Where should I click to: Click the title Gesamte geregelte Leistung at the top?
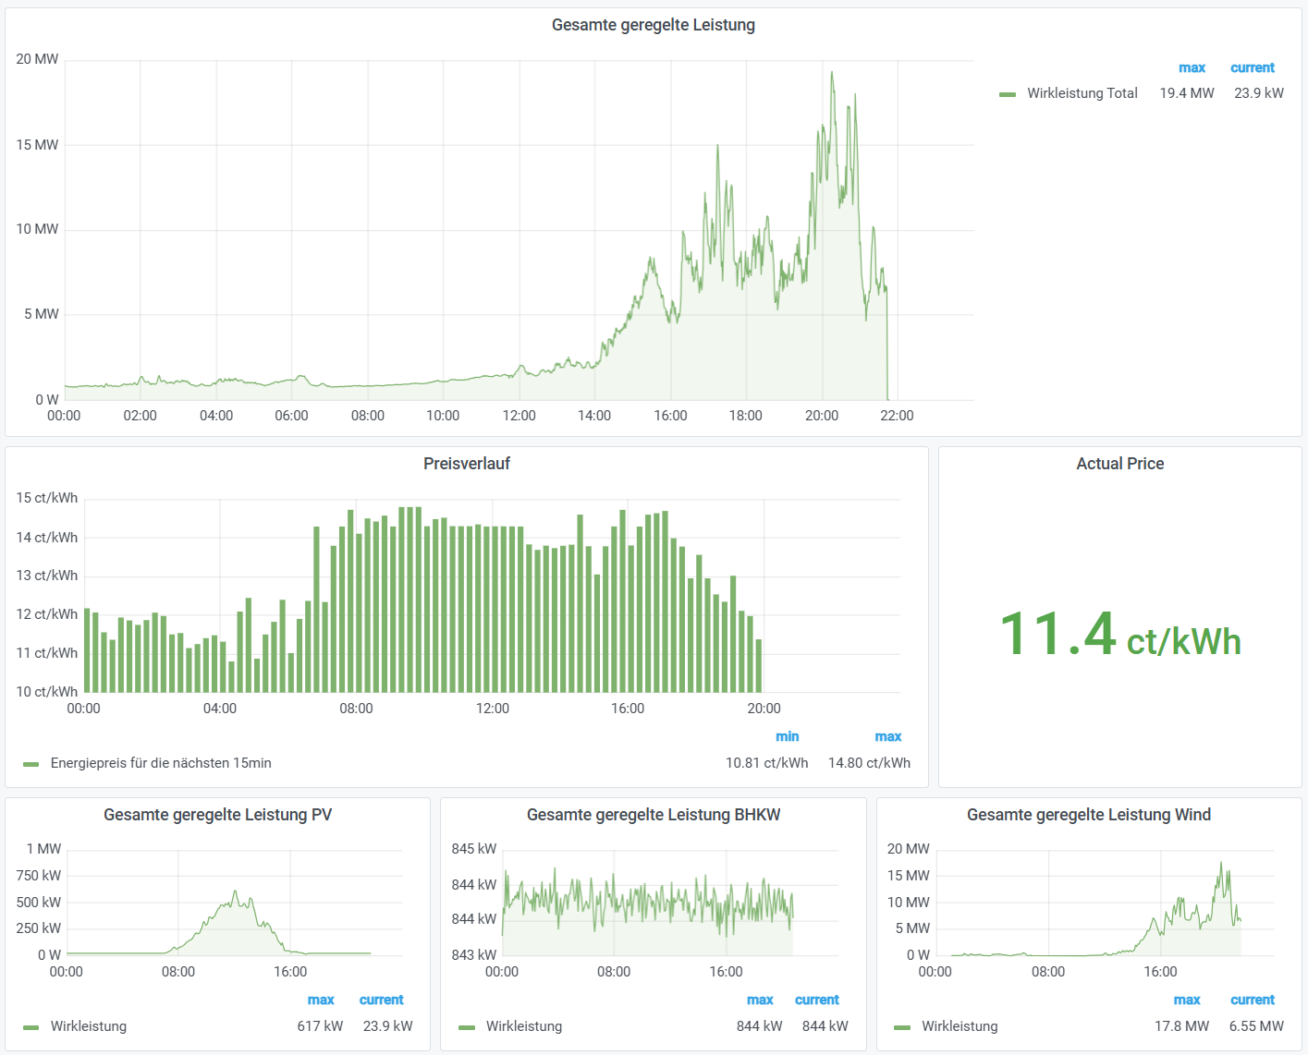pyautogui.click(x=653, y=25)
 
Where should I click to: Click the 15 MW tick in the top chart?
pyautogui.click(x=37, y=145)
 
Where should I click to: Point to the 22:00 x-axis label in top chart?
pyautogui.click(x=896, y=416)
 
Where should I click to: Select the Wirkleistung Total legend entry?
pyautogui.click(x=1082, y=93)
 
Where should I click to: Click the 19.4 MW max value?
pyautogui.click(x=1186, y=93)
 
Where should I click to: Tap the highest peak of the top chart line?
pyautogui.click(x=831, y=73)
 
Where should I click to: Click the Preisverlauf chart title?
pyautogui.click(x=466, y=464)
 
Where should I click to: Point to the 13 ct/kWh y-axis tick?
pyautogui.click(x=47, y=576)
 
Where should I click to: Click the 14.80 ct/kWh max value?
pyautogui.click(x=869, y=763)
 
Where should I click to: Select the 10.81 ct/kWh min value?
pyautogui.click(x=766, y=763)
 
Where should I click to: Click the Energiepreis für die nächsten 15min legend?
pyautogui.click(x=161, y=763)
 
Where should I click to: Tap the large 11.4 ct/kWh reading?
pyautogui.click(x=1119, y=636)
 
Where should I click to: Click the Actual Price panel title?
pyautogui.click(x=1119, y=464)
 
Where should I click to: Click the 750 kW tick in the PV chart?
pyautogui.click(x=39, y=876)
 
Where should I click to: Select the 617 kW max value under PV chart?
pyautogui.click(x=320, y=1026)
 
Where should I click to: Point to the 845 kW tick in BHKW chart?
pyautogui.click(x=474, y=849)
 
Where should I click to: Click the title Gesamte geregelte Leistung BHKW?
pyautogui.click(x=653, y=815)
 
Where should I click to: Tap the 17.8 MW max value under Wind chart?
pyautogui.click(x=1181, y=1026)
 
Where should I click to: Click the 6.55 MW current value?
pyautogui.click(x=1256, y=1026)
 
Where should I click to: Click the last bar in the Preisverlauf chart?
pyautogui.click(x=759, y=666)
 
